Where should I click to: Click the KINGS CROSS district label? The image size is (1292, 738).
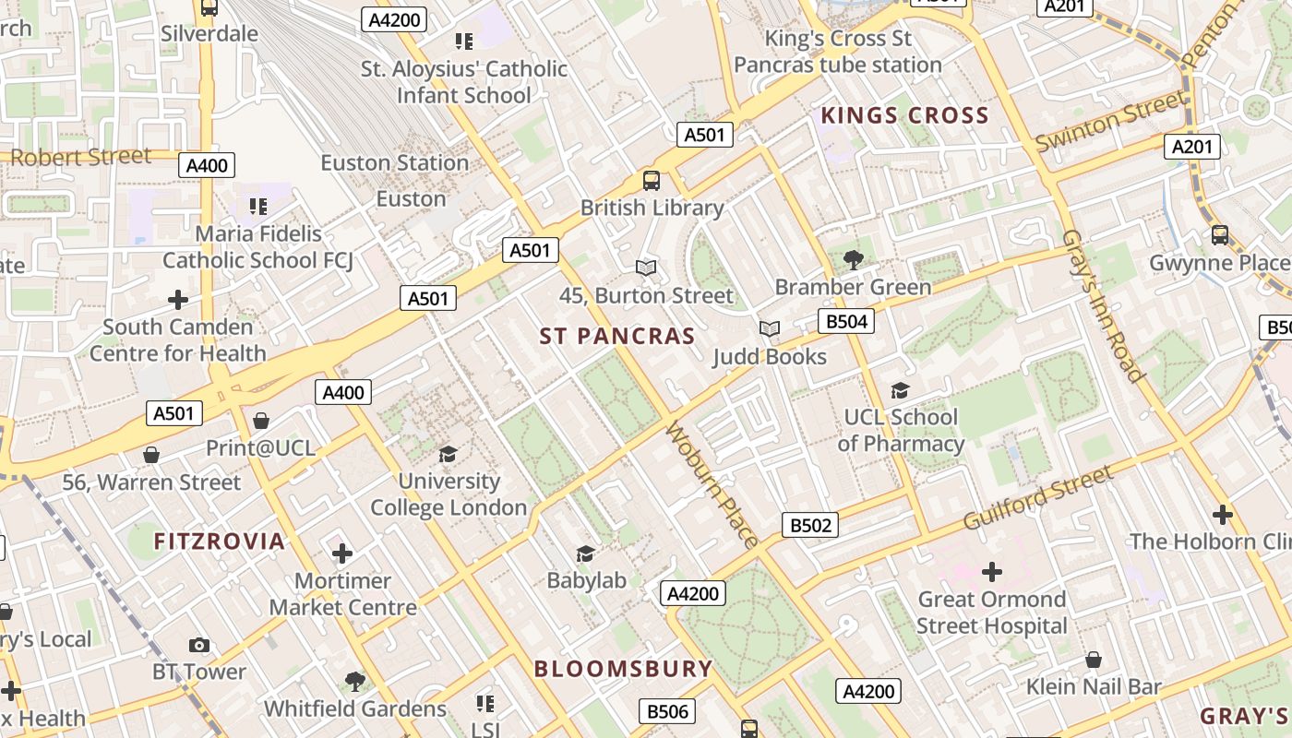click(x=904, y=116)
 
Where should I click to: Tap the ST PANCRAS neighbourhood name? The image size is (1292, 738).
click(x=616, y=337)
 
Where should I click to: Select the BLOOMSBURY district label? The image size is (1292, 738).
click(x=623, y=669)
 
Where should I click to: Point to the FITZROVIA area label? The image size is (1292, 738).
click(x=220, y=542)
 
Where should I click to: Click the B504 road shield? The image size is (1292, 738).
click(x=845, y=321)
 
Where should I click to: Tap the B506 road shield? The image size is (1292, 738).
click(x=667, y=711)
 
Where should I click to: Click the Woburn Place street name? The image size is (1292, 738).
click(x=712, y=484)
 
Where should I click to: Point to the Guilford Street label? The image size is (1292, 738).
click(x=1037, y=498)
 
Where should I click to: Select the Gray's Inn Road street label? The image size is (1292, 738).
click(x=1103, y=305)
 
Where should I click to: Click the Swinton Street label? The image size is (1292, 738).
click(x=1110, y=123)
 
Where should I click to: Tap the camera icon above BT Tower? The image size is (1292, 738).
click(x=198, y=645)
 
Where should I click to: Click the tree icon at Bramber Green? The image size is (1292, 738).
click(x=854, y=260)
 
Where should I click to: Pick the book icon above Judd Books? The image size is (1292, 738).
click(x=769, y=329)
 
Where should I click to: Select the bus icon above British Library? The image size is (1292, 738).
click(x=652, y=181)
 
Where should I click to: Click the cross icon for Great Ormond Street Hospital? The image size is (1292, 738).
click(x=991, y=572)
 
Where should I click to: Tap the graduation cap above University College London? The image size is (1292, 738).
click(x=449, y=454)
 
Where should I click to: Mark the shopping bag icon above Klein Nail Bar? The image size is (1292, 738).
click(x=1094, y=660)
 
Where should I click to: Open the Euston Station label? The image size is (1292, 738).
click(x=394, y=163)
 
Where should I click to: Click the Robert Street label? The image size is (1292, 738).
click(x=80, y=157)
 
